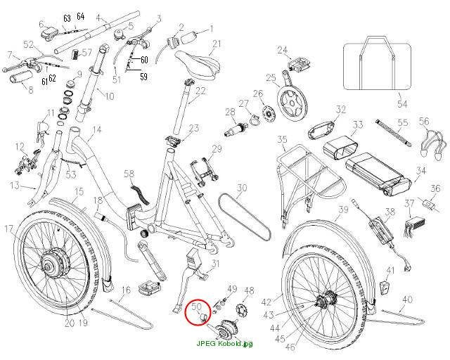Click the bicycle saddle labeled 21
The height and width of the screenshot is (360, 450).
[x=198, y=64]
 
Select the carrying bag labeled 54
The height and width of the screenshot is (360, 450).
[x=378, y=63]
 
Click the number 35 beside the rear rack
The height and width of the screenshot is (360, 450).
[x=283, y=140]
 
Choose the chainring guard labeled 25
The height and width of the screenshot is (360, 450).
[x=292, y=101]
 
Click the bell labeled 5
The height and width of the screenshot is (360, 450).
[x=118, y=34]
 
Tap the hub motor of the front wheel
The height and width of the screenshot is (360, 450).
[x=53, y=263]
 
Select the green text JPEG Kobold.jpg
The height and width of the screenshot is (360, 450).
[x=225, y=343]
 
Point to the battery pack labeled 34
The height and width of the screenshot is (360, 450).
[x=378, y=172]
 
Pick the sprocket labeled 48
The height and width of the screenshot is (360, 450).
[x=240, y=310]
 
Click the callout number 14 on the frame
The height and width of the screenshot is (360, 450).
[x=97, y=130]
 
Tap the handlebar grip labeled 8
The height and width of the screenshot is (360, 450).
[x=20, y=78]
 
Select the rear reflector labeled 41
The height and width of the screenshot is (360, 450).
[x=385, y=286]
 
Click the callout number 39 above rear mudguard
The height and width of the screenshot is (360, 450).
[x=343, y=210]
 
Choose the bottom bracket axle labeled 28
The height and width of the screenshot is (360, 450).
[x=236, y=130]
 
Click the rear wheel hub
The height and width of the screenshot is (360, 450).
[x=325, y=300]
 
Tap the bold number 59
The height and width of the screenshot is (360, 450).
[x=143, y=77]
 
